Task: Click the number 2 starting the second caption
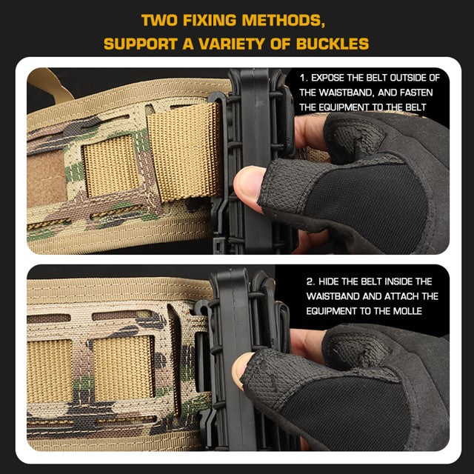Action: [x=309, y=281]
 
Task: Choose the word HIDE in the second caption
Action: [x=331, y=281]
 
